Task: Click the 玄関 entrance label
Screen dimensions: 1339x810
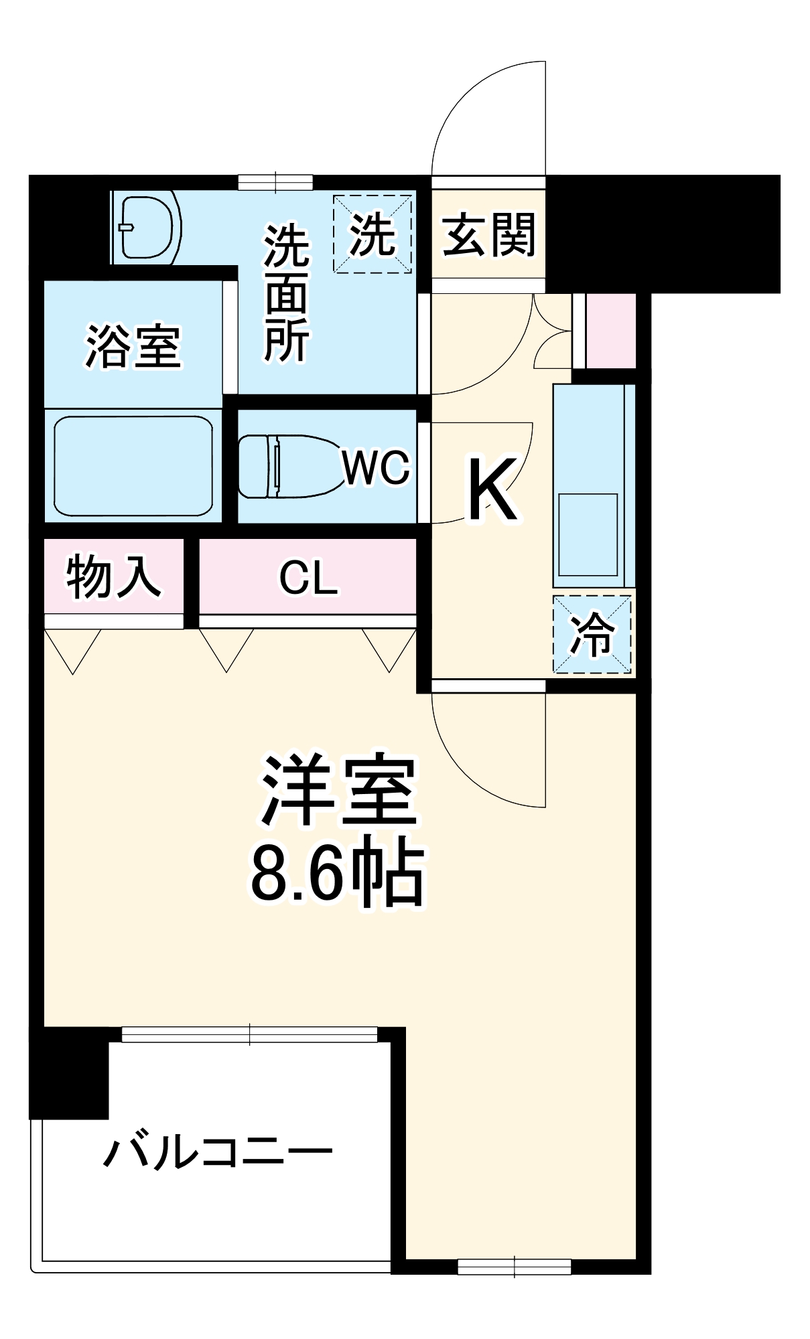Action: pyautogui.click(x=489, y=235)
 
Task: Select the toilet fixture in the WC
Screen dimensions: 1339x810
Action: pyautogui.click(x=288, y=466)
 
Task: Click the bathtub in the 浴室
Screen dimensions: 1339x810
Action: pyautogui.click(x=133, y=466)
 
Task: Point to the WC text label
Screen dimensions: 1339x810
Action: pyautogui.click(x=376, y=467)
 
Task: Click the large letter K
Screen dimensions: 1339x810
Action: pyautogui.click(x=492, y=489)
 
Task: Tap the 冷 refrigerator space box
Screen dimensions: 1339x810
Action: pyautogui.click(x=592, y=633)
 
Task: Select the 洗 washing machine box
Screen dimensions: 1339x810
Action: pyautogui.click(x=373, y=234)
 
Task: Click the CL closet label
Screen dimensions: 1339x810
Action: pyautogui.click(x=308, y=577)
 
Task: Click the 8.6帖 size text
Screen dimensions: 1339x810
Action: pyautogui.click(x=337, y=874)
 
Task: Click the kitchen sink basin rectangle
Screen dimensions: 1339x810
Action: pyautogui.click(x=588, y=534)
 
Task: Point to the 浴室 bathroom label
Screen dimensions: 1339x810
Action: pyautogui.click(x=133, y=345)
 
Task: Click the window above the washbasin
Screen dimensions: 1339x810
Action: pyautogui.click(x=275, y=181)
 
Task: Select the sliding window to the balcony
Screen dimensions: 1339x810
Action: pyautogui.click(x=249, y=1034)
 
